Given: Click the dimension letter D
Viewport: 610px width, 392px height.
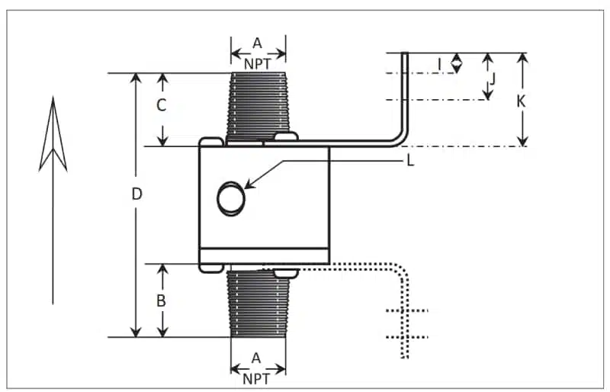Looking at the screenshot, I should (x=136, y=194).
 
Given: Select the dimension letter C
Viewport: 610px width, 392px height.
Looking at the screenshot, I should (x=161, y=106).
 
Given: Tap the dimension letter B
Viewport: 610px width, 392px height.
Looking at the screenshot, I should (x=161, y=300).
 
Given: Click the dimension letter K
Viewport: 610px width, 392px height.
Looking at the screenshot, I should (x=521, y=100).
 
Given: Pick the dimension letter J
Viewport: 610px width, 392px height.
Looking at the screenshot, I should (x=493, y=78).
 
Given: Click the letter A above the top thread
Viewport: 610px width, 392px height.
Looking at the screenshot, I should (x=257, y=43).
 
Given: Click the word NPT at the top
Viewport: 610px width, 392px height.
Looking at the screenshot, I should (x=258, y=64).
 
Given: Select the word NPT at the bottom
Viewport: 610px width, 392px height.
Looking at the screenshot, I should (x=257, y=378).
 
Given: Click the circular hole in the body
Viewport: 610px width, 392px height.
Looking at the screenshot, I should (x=230, y=198).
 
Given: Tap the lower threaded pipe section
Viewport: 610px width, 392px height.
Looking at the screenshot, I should (x=258, y=305).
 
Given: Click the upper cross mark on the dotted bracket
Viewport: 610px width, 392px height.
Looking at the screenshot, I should (x=406, y=310).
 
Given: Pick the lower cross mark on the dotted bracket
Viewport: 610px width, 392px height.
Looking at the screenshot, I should (x=406, y=336).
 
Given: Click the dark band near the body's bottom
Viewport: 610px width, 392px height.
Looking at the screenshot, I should (x=265, y=257).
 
